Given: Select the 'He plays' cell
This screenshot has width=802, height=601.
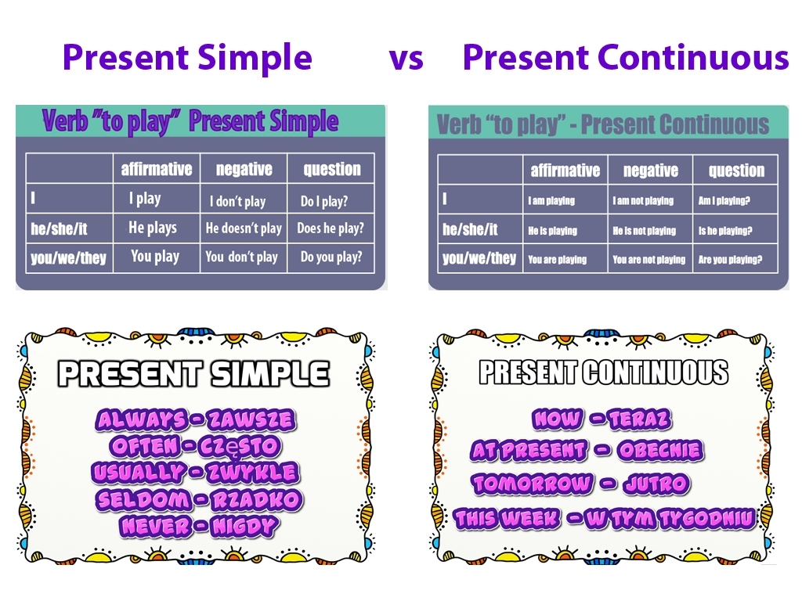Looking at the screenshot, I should (x=153, y=228).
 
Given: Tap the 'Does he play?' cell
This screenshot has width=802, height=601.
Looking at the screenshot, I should (x=331, y=229).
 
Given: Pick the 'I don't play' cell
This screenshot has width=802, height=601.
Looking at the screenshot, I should (x=237, y=201).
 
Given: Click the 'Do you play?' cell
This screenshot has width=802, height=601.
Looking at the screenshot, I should (x=331, y=257).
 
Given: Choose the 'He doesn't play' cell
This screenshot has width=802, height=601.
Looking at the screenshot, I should (x=244, y=229).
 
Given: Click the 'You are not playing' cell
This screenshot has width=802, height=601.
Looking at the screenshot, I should (x=648, y=260).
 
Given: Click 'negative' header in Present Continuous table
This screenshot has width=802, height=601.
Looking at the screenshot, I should (x=650, y=171).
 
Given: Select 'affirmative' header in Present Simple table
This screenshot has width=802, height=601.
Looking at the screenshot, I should (x=157, y=169).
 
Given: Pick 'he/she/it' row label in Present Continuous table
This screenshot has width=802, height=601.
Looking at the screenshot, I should (x=470, y=230).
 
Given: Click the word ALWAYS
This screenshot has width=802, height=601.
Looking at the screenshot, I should (x=142, y=420).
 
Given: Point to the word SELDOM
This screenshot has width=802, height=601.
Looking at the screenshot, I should (x=143, y=499).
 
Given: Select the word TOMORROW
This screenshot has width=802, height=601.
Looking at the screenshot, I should (x=532, y=484).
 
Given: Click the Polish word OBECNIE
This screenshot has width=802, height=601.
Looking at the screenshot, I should (x=659, y=451).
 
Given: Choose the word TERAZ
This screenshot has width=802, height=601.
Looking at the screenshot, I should (x=639, y=420).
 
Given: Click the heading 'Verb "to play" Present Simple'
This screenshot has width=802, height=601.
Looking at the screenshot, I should (x=190, y=121).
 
